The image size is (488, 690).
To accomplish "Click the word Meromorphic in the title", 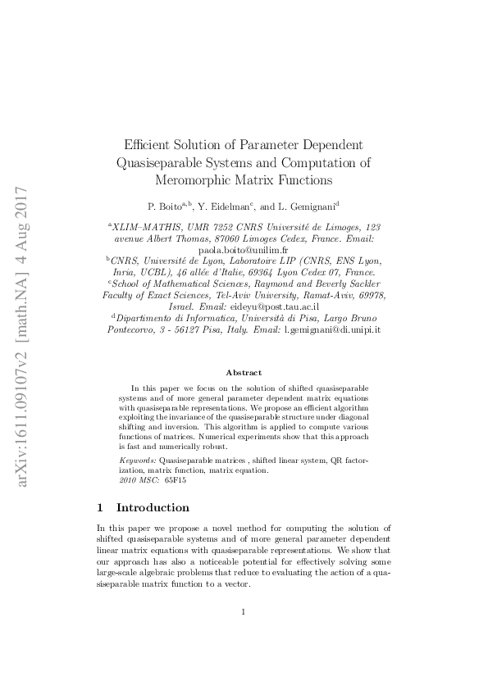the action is (195, 179).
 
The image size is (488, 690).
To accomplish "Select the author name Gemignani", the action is (312, 206).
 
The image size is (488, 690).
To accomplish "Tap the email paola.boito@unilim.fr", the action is (244, 251).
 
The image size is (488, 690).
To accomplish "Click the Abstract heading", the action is (244, 372).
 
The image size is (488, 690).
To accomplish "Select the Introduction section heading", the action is (153, 507).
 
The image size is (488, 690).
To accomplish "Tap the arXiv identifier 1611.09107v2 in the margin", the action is (23, 397).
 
